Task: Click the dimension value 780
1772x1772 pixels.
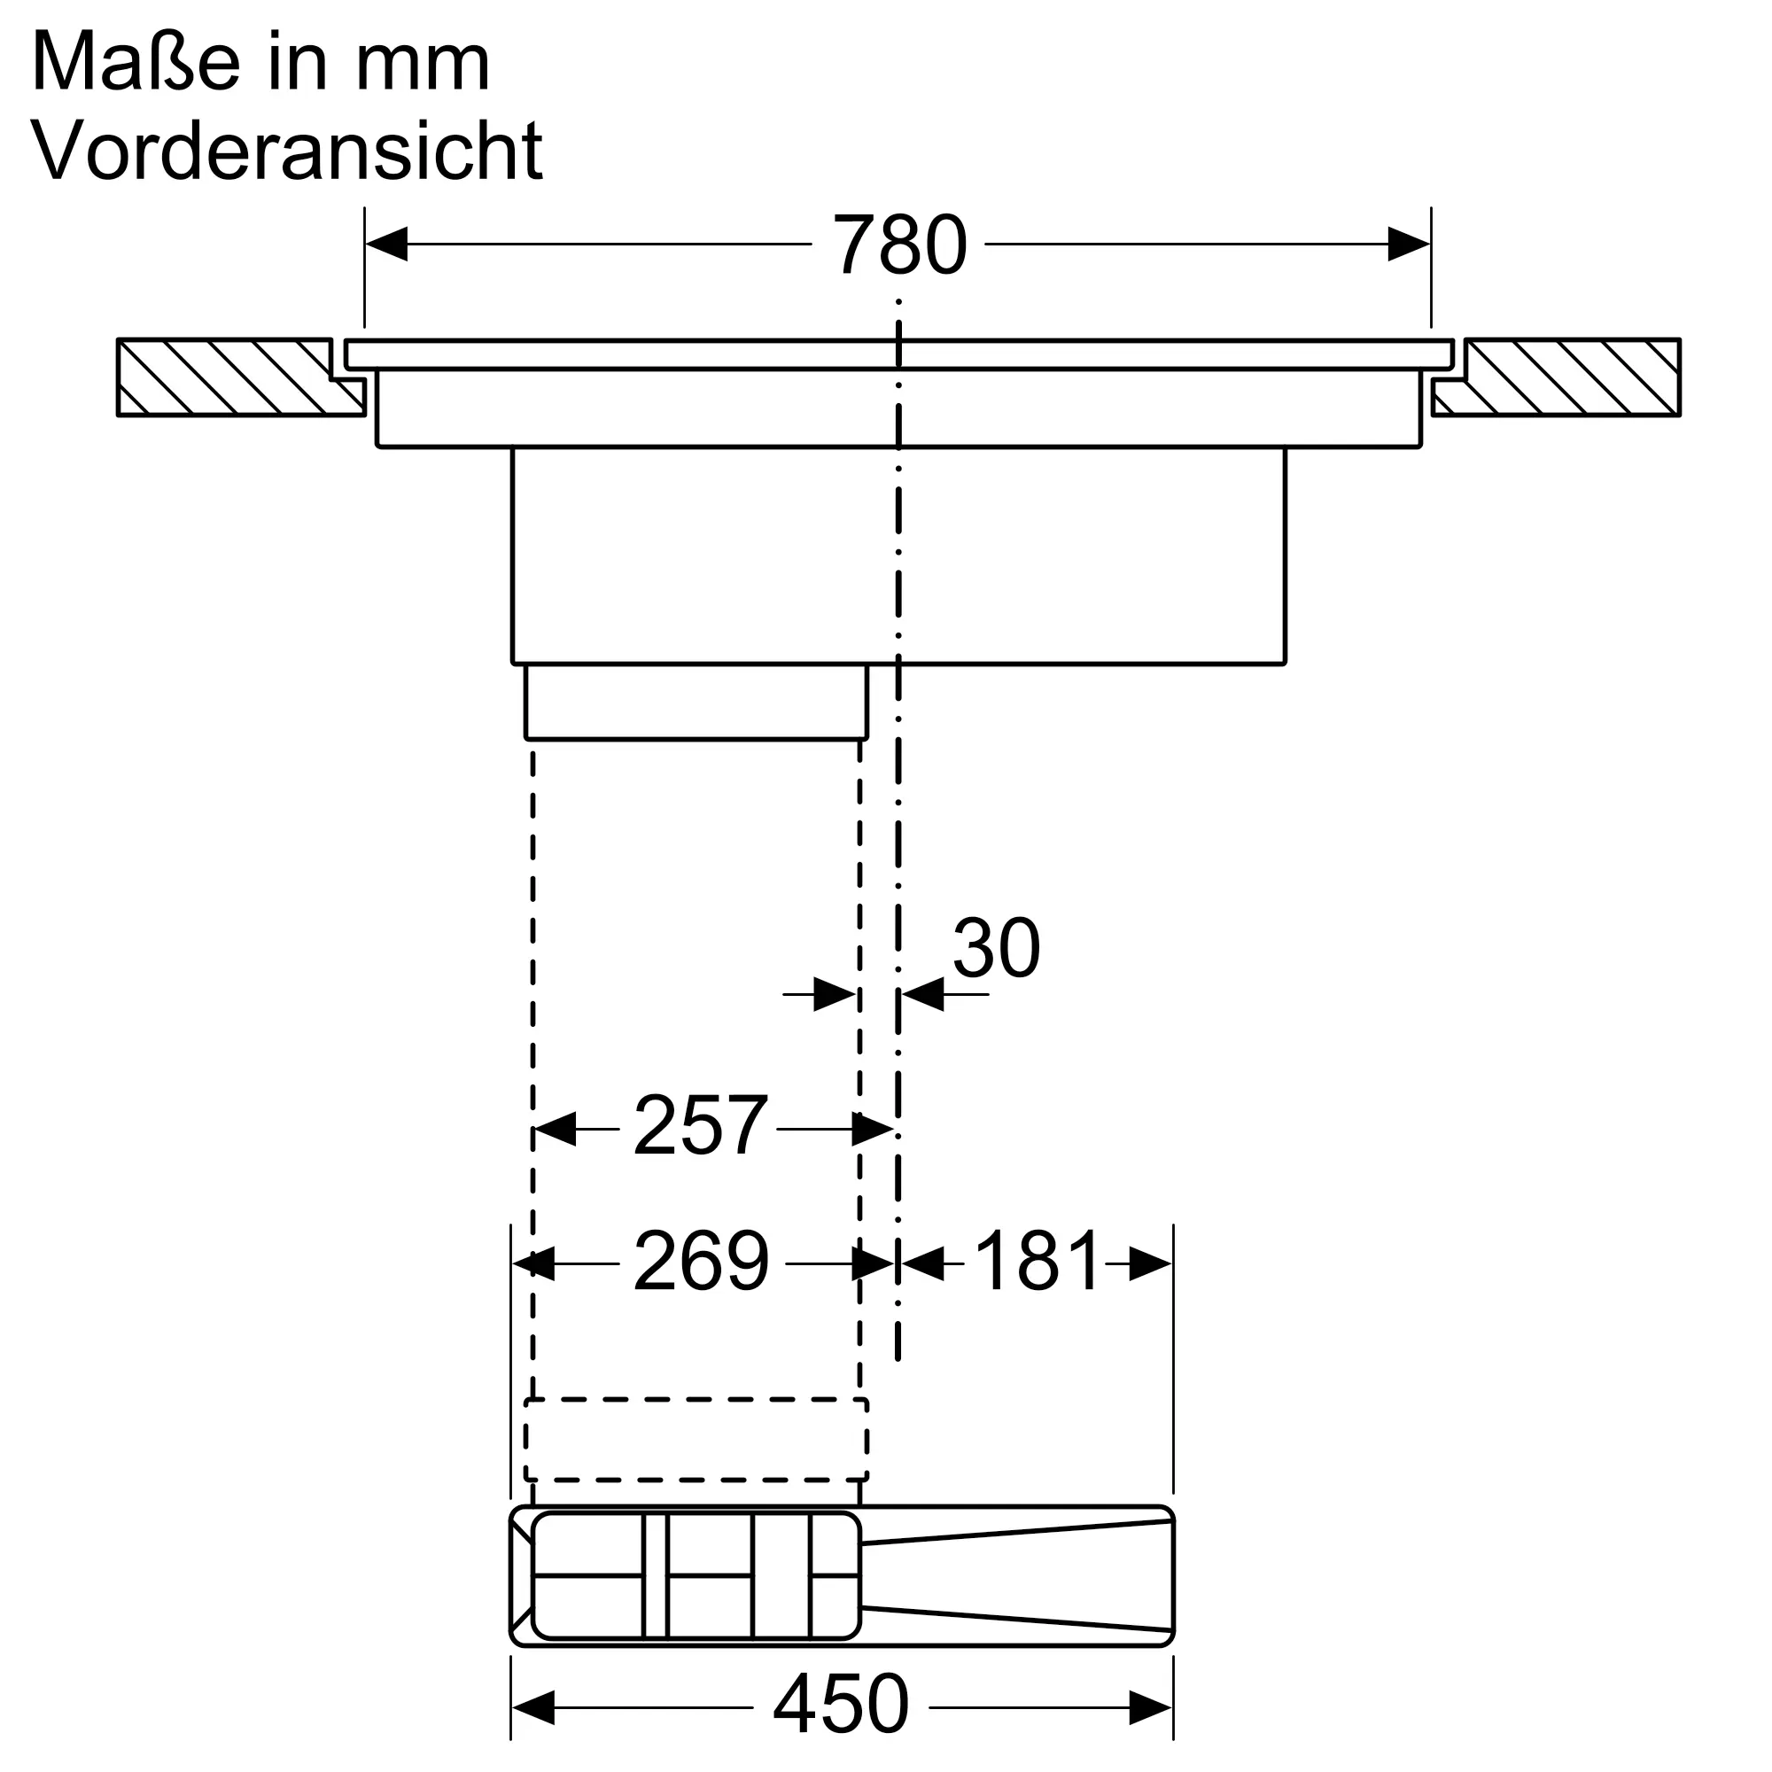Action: [x=898, y=245]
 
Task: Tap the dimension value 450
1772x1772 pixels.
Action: [x=840, y=1704]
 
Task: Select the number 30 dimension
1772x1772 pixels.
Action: [x=996, y=948]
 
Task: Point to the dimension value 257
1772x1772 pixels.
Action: [x=700, y=1126]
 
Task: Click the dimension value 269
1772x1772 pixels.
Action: [x=702, y=1262]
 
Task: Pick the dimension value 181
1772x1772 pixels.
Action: [x=1037, y=1262]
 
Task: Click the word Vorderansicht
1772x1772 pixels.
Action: [x=287, y=151]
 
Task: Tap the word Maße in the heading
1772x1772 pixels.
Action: [x=136, y=62]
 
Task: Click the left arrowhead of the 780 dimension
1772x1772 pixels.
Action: [x=386, y=244]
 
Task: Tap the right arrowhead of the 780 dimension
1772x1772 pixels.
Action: [x=1408, y=244]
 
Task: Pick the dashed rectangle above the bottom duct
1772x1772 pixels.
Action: [x=696, y=1439]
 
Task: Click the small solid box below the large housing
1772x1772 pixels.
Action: [x=696, y=702]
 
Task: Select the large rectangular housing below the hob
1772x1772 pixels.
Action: [x=898, y=555]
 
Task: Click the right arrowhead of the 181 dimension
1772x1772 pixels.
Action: [x=1150, y=1264]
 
